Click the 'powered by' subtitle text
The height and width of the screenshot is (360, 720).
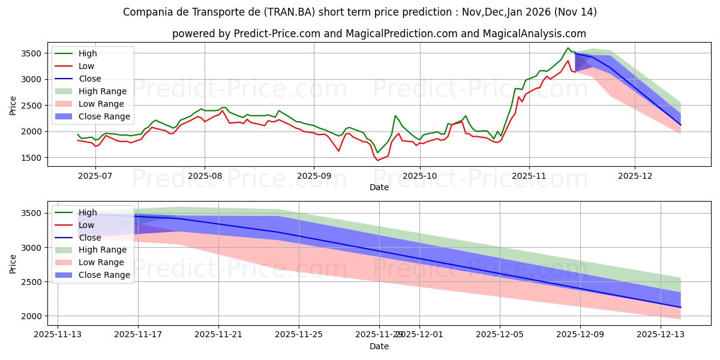point(379,34)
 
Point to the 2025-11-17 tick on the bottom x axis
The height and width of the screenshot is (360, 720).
point(138,335)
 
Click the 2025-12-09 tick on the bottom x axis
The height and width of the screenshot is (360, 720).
point(580,335)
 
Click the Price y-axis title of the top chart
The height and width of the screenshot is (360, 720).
point(13,106)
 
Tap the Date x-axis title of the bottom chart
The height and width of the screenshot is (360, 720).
point(379,346)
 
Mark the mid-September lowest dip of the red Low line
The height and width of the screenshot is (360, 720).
point(377,160)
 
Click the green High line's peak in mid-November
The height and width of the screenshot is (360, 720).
point(568,48)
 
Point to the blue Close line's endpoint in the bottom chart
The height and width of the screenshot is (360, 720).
point(680,307)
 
